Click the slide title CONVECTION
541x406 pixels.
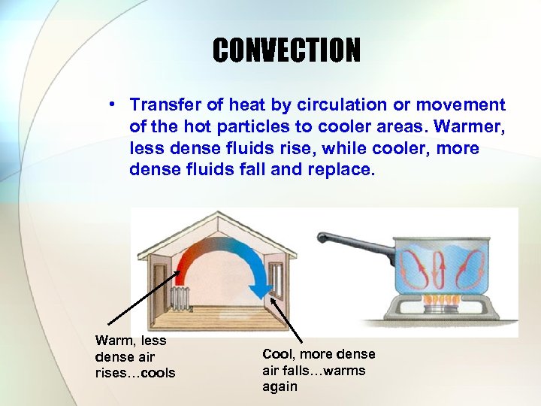coord(286,50)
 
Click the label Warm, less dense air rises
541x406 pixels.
coord(135,356)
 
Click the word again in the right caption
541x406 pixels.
coord(280,386)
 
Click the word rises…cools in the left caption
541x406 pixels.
coord(135,373)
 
